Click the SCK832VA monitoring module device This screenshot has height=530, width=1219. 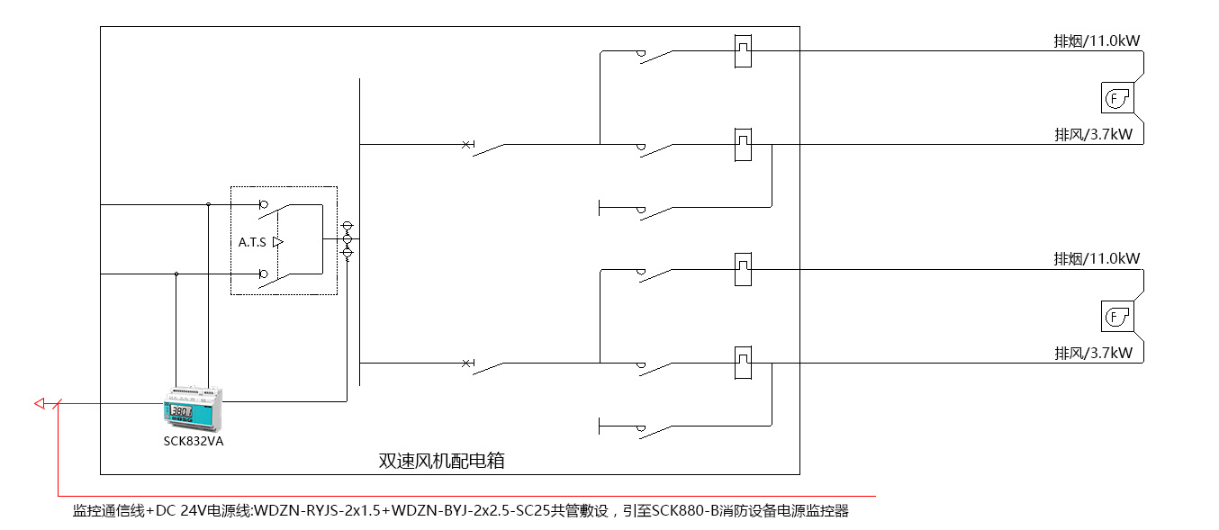pos(193,409)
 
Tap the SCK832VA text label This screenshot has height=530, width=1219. pos(193,441)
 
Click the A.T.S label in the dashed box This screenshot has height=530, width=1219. pos(252,242)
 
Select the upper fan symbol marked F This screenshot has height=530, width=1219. pos(1117,97)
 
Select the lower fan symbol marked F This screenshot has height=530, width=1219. pos(1117,317)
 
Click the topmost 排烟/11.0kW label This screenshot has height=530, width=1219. pos(1097,40)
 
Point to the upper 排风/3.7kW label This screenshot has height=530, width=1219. pos(1093,134)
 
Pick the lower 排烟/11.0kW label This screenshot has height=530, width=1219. pos(1097,259)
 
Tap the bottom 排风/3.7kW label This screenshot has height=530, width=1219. pos(1093,353)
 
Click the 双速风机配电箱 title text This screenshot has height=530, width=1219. pos(441,461)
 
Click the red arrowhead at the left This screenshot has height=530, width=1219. pos(40,404)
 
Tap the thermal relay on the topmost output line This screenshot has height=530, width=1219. pos(742,50)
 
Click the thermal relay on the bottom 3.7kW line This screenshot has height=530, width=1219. pos(742,362)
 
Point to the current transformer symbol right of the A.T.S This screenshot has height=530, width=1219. pos(348,239)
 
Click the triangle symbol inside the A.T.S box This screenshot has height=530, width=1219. pos(278,242)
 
